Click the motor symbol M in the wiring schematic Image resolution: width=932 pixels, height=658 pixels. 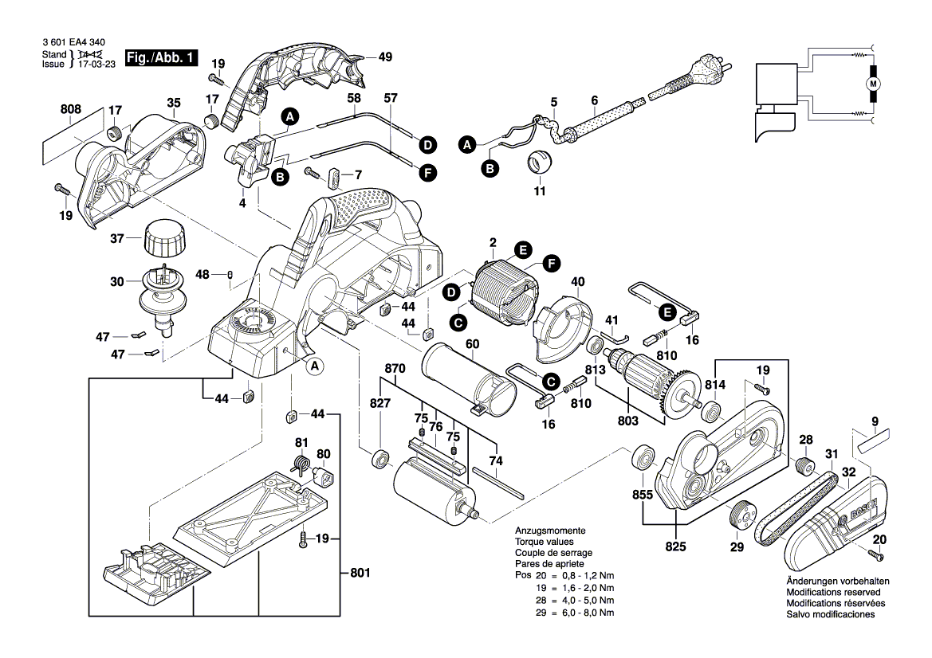pos(872,84)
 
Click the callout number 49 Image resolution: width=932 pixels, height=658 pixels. pos(385,57)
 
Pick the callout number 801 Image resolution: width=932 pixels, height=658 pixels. pos(360,572)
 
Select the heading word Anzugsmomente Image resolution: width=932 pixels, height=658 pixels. pos(550,531)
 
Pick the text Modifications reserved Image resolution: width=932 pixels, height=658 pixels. pos(833,593)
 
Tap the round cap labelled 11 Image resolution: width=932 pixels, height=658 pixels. pos(541,164)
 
